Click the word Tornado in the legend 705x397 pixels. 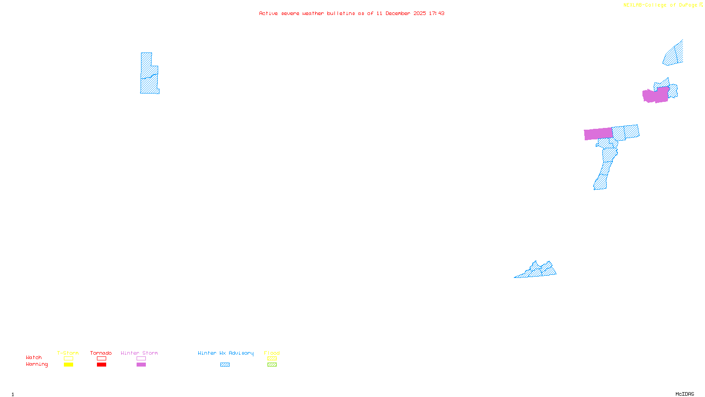point(101,353)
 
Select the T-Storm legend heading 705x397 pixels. point(68,353)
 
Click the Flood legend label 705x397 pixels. point(272,353)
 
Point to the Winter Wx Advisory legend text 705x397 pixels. point(226,353)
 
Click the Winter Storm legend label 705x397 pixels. point(139,353)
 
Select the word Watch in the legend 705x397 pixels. point(34,358)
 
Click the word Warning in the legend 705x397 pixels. point(37,364)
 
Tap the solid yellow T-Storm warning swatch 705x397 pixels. point(68,365)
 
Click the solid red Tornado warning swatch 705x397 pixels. point(101,365)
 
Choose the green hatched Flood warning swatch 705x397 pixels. point(272,365)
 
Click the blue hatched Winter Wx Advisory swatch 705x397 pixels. point(225,365)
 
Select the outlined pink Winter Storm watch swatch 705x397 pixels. point(141,359)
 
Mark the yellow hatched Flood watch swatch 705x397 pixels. point(272,359)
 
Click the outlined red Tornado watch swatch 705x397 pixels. point(101,359)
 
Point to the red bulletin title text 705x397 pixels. point(352,13)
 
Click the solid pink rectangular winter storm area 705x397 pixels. point(598,134)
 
